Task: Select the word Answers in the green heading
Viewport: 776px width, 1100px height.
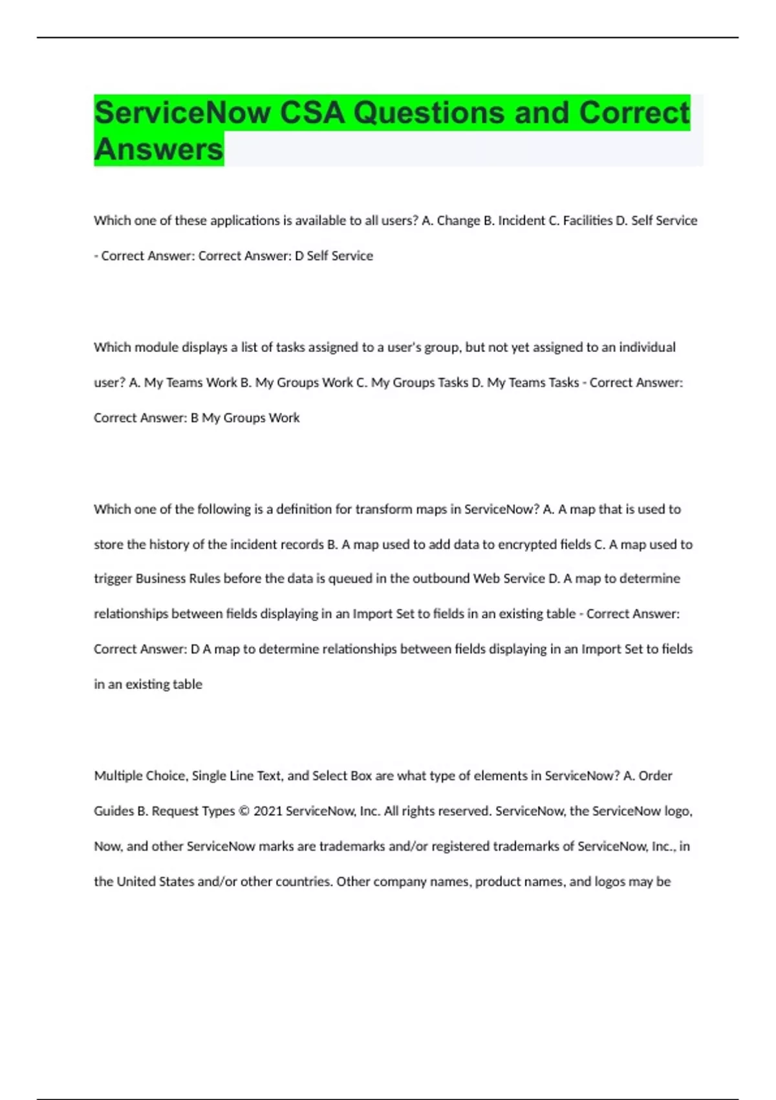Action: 158,149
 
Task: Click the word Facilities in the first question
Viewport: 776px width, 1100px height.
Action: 587,221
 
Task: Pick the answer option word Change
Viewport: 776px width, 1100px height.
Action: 458,221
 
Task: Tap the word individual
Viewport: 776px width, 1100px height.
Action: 647,347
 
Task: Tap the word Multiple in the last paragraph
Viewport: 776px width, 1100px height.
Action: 118,776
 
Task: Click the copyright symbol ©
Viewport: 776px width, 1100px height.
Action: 244,811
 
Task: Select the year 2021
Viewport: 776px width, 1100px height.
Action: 267,811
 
